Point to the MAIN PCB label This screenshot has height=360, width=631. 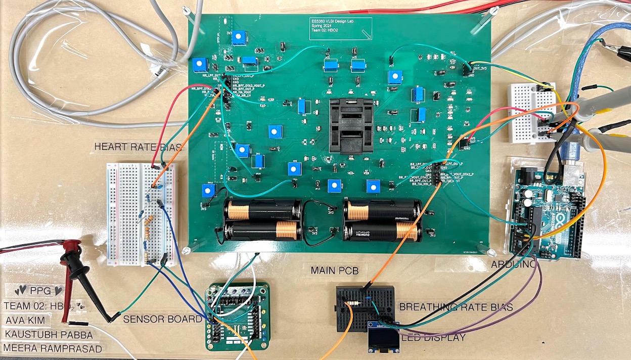coord(335,271)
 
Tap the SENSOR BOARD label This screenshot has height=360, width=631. coord(162,319)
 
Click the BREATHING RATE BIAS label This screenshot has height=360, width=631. coord(456,307)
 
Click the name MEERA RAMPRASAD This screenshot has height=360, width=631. coord(53,348)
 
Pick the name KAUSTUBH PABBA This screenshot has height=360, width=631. coord(49,335)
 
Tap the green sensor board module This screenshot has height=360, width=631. coord(237,316)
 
